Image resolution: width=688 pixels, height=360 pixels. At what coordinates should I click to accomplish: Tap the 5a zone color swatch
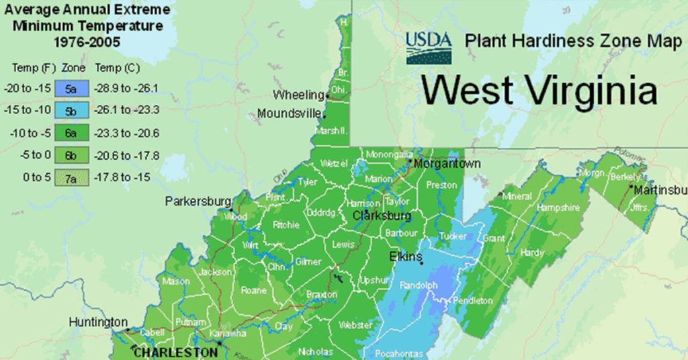[71, 89]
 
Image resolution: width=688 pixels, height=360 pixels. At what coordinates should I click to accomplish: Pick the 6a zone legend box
[71, 133]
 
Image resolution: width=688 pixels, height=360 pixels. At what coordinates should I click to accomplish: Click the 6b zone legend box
[71, 155]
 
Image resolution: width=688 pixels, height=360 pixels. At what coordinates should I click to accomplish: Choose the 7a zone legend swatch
[71, 177]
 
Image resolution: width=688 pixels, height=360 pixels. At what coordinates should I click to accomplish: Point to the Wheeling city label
[298, 95]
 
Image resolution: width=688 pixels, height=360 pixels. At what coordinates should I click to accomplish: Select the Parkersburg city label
[198, 201]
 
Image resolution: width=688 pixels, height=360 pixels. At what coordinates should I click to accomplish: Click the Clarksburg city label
[382, 216]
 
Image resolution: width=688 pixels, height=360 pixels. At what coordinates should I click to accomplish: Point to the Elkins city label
[406, 257]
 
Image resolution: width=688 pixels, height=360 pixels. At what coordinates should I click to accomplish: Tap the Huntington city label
[98, 322]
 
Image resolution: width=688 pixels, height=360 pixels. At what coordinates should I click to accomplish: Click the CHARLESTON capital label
[175, 352]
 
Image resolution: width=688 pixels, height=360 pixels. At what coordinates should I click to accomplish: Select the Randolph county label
[419, 285]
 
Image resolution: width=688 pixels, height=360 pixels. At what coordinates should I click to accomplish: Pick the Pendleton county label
[473, 301]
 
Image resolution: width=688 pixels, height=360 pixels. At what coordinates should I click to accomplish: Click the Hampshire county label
[558, 208]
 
